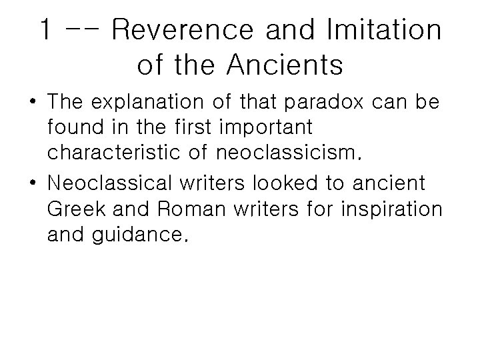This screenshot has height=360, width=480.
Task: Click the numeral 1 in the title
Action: [x=46, y=30]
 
